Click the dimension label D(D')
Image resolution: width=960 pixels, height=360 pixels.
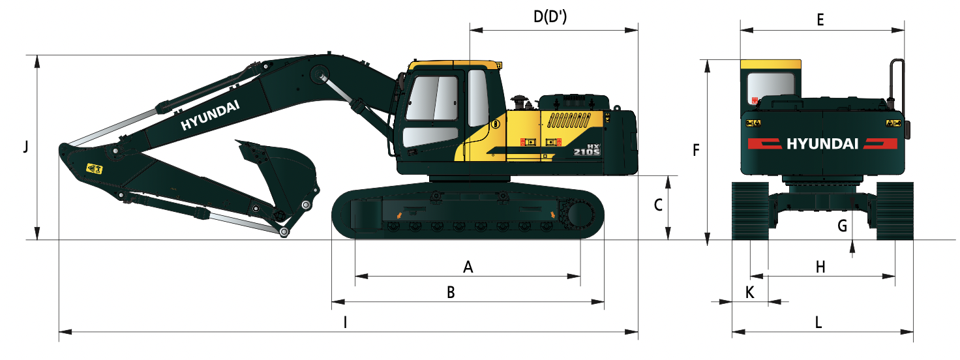[x=550, y=17]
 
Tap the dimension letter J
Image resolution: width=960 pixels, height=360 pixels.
[x=26, y=147]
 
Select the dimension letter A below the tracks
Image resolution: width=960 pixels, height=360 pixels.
[x=468, y=267]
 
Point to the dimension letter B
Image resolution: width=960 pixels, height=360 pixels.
[x=451, y=292]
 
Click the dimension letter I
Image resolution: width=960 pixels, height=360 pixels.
[x=346, y=322]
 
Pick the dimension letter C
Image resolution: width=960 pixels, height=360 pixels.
[x=658, y=205]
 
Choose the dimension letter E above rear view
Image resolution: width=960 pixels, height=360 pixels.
[x=820, y=20]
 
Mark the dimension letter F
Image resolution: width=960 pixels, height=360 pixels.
[x=697, y=150]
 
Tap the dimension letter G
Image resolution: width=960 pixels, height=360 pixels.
[x=842, y=226]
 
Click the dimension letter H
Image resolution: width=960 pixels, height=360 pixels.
[x=820, y=267]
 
